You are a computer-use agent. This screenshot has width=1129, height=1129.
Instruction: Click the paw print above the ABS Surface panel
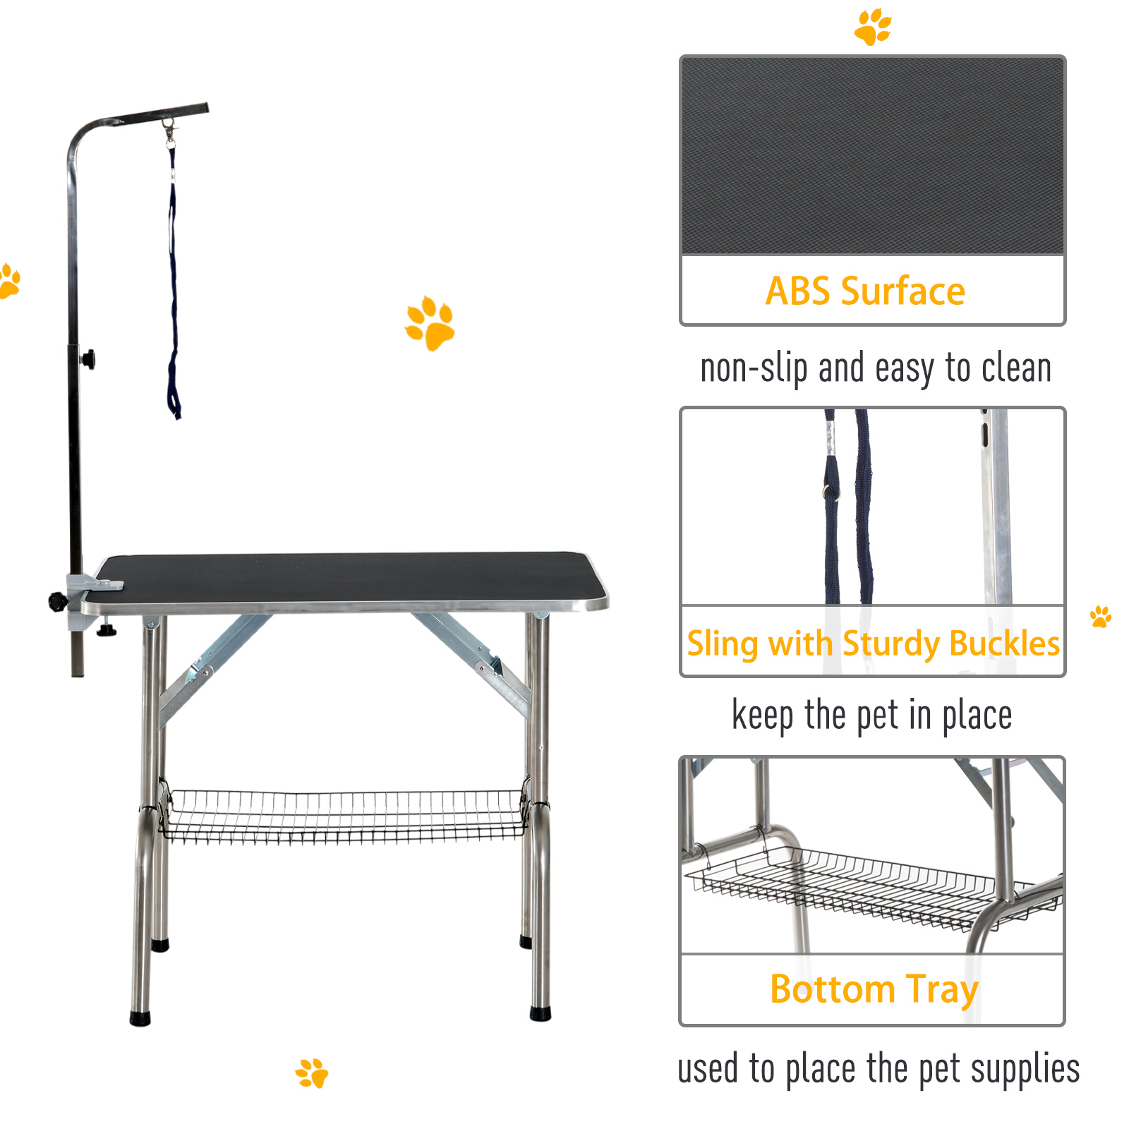pos(873,27)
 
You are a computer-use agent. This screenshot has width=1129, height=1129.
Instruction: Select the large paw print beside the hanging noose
pos(430,323)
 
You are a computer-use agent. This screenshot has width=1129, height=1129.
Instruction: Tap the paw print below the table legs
pos(312,1073)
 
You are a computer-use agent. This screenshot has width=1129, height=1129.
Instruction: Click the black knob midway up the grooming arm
pos(88,359)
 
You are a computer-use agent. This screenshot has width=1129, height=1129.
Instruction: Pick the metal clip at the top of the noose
pos(169,133)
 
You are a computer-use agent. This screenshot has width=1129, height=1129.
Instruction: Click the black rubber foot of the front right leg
pos(541,1013)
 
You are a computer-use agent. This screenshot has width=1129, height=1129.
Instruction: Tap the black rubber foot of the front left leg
pos(140,1018)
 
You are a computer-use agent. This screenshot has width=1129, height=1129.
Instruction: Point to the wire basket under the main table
pos(344,816)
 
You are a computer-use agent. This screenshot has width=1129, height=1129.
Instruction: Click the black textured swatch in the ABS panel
pos(872,156)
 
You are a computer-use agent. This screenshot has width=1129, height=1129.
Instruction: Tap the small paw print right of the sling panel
pos(1101,616)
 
